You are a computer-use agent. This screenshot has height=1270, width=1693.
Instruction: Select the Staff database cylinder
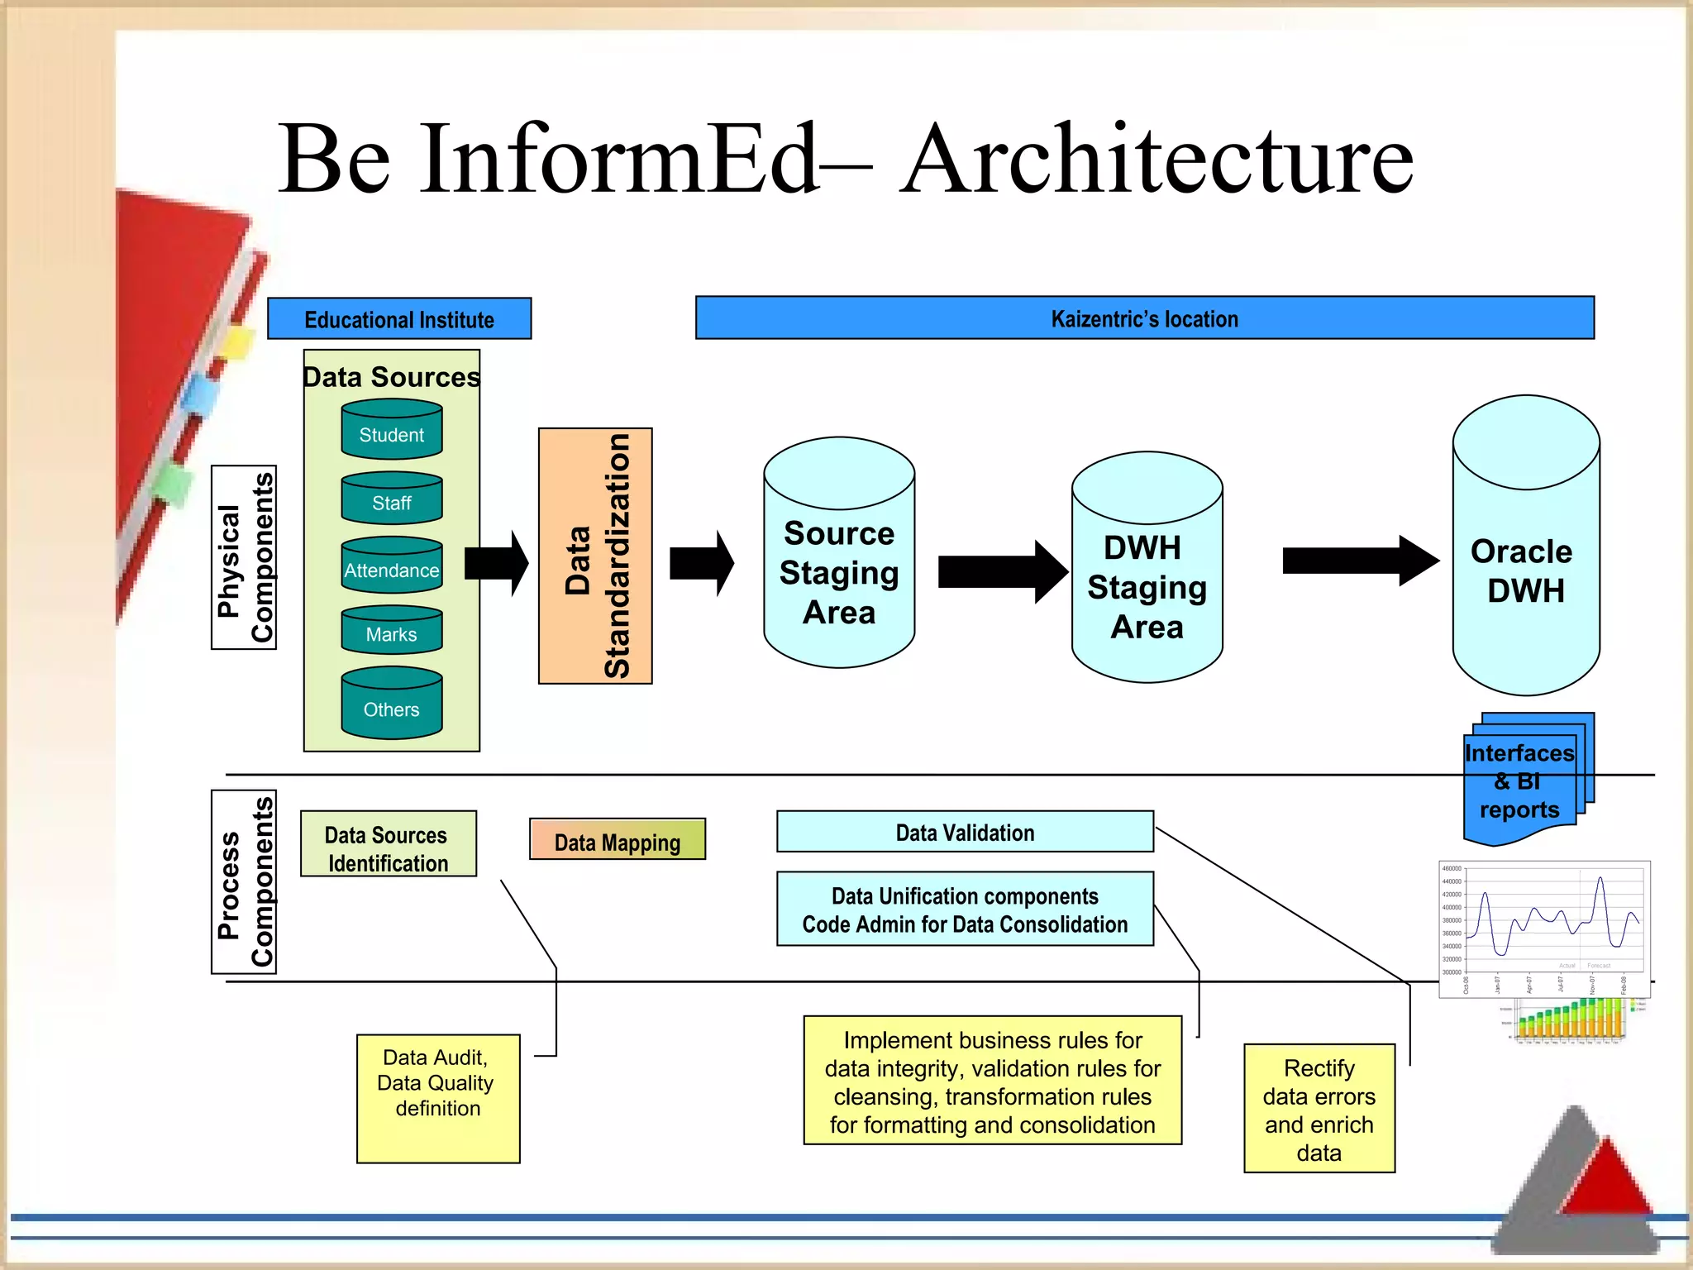pyautogui.click(x=392, y=499)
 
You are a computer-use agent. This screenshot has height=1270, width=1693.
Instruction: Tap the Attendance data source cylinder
pyautogui.click(x=392, y=566)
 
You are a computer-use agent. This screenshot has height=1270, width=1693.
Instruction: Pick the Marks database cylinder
pyautogui.click(x=392, y=632)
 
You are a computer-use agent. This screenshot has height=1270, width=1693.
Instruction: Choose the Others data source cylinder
pyautogui.click(x=392, y=704)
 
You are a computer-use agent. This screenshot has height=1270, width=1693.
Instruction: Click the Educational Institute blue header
pyautogui.click(x=399, y=319)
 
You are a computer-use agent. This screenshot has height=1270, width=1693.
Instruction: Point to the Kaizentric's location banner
pyautogui.click(x=1144, y=318)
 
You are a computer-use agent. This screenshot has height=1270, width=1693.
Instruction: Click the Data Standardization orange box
pyautogui.click(x=595, y=556)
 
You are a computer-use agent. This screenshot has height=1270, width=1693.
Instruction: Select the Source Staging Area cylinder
pyautogui.click(x=839, y=571)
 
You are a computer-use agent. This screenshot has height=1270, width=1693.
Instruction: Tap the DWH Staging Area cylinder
pyautogui.click(x=1147, y=585)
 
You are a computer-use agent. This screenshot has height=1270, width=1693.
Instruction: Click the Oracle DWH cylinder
pyautogui.click(x=1525, y=571)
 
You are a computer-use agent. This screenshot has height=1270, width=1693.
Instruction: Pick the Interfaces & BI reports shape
pyautogui.click(x=1520, y=782)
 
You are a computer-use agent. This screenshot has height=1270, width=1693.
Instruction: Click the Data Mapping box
pyautogui.click(x=618, y=840)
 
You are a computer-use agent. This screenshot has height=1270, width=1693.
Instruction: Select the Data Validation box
pyautogui.click(x=965, y=832)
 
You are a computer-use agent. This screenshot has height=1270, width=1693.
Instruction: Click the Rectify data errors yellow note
pyautogui.click(x=1319, y=1109)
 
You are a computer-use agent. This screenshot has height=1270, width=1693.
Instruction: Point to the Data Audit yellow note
pyautogui.click(x=438, y=1098)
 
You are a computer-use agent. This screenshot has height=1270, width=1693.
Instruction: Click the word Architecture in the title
pyautogui.click(x=1157, y=159)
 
